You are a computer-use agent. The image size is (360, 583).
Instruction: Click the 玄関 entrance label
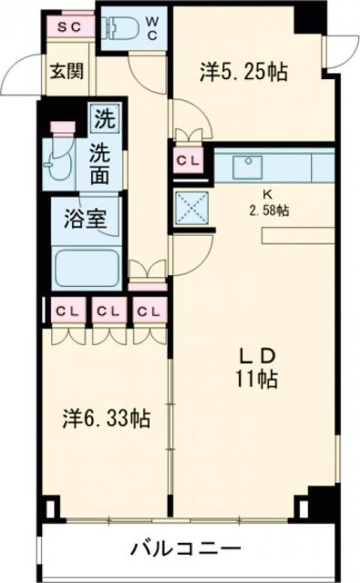tap(62, 70)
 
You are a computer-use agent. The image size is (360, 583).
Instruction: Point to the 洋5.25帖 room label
tap(243, 73)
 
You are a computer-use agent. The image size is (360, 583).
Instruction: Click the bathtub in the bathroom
tap(87, 269)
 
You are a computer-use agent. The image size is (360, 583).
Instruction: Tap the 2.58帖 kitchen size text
tap(268, 210)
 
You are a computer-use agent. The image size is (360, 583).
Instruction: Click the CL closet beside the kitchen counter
tap(190, 162)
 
